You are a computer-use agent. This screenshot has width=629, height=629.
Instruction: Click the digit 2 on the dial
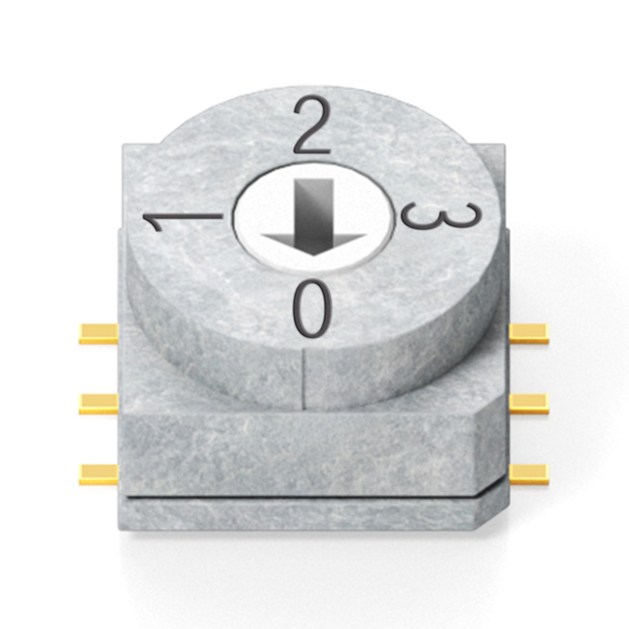click(312, 127)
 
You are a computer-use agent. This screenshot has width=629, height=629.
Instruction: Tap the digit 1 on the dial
click(183, 221)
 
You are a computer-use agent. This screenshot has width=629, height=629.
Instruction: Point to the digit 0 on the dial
click(313, 308)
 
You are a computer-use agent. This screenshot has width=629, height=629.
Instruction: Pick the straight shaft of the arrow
click(314, 208)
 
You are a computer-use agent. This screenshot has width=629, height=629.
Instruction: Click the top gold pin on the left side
click(99, 334)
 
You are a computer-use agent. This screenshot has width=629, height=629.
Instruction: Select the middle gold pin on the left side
click(99, 403)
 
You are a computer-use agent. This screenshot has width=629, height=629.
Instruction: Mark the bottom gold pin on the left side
click(99, 474)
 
